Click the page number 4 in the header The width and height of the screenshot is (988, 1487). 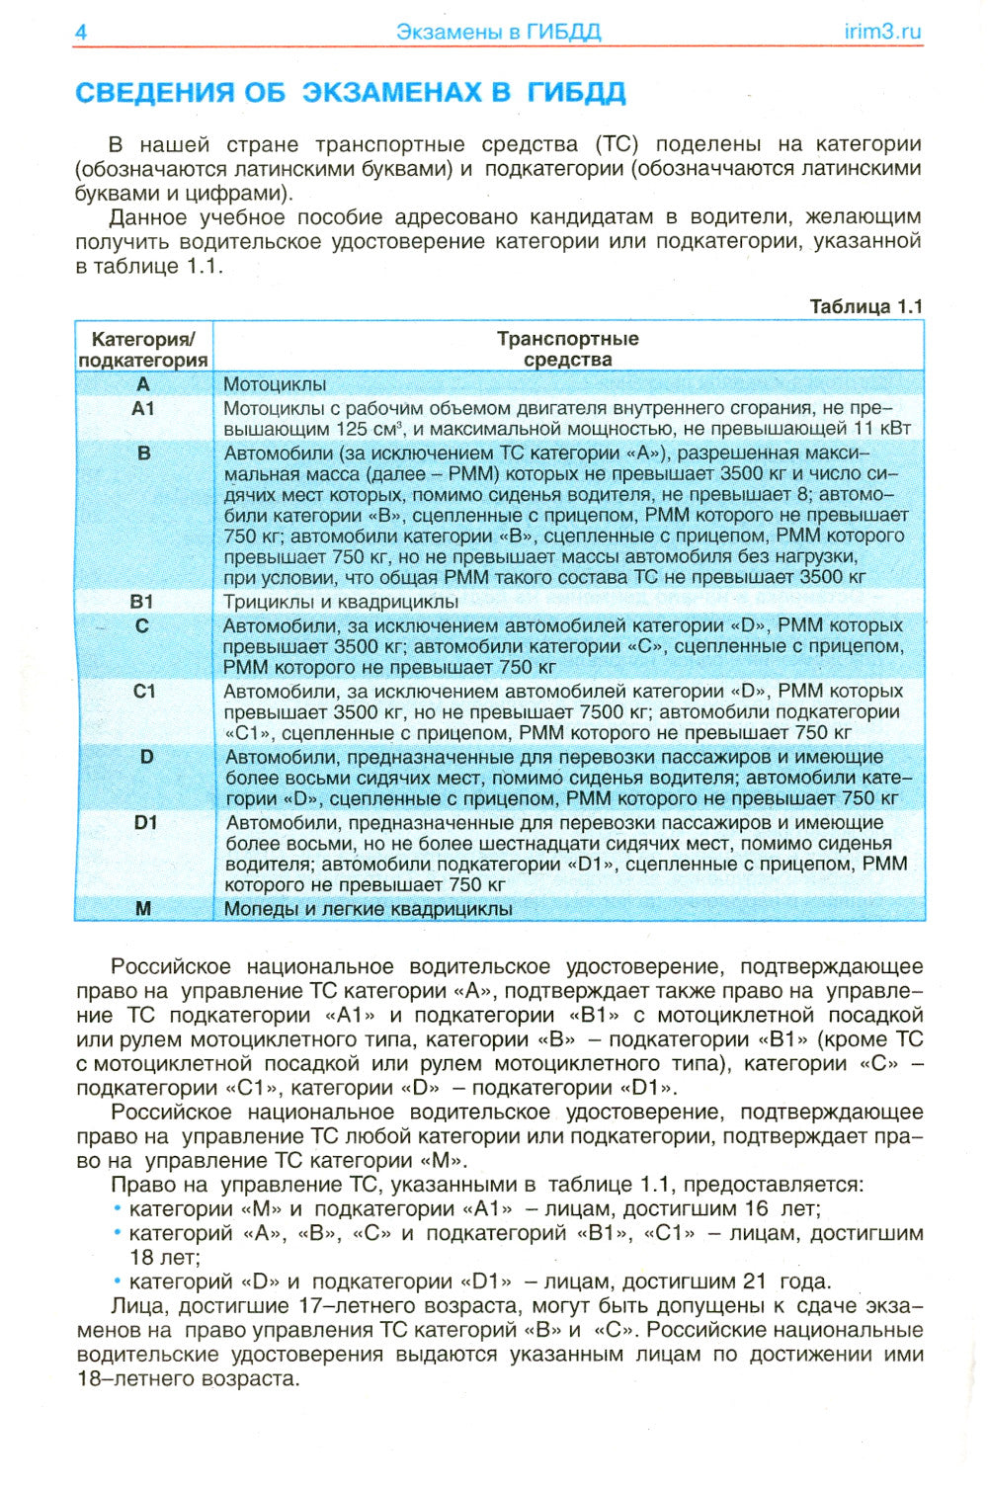[81, 32]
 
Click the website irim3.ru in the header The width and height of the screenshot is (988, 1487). [882, 32]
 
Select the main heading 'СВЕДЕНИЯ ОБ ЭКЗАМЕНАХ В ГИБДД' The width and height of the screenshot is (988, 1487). [351, 93]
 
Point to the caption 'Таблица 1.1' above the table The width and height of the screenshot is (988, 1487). [865, 306]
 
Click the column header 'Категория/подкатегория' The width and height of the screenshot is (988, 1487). [143, 349]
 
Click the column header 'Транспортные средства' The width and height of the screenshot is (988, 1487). [568, 349]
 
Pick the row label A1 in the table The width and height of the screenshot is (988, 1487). [143, 408]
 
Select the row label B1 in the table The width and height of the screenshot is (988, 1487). [142, 601]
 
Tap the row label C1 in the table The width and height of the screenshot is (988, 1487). [144, 691]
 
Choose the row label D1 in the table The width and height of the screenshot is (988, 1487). [146, 822]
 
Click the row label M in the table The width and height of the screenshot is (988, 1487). [143, 908]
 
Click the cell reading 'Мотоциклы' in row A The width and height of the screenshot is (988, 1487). [275, 384]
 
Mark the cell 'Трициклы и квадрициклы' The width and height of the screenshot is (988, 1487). [341, 602]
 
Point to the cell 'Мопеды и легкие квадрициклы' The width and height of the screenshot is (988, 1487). [368, 909]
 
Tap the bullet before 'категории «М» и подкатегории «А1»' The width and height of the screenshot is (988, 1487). [118, 1208]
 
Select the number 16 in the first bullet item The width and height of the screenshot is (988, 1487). [756, 1208]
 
